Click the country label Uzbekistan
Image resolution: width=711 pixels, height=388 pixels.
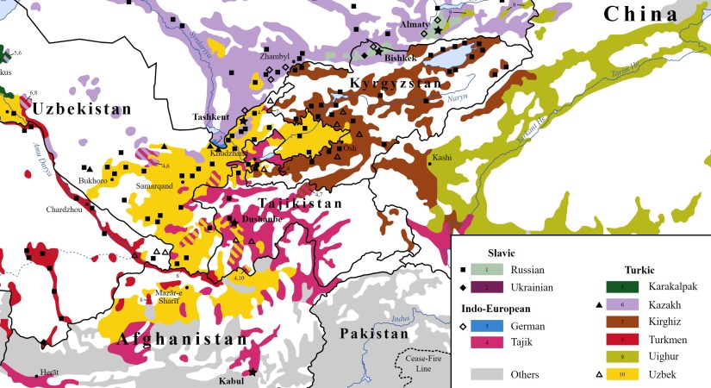coord(82,110)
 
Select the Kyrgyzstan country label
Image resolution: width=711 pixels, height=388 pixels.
coord(396,83)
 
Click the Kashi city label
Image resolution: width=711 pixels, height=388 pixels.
coord(442,158)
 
